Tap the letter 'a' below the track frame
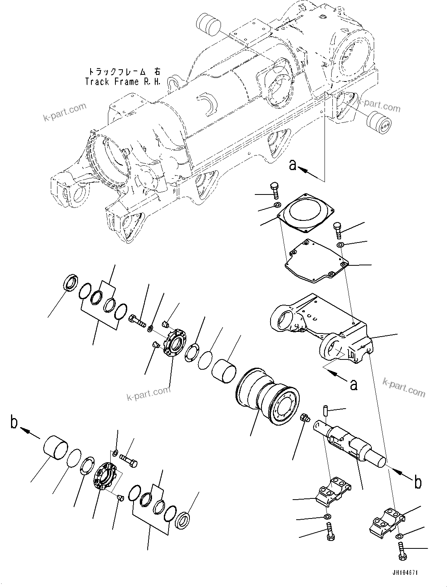click(293, 165)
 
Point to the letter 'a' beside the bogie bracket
click(353, 385)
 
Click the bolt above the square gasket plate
click(275, 190)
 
